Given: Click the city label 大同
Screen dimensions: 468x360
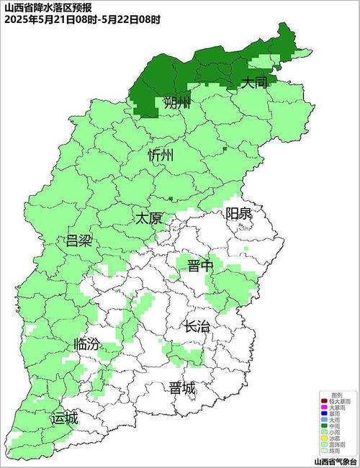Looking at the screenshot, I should pyautogui.click(x=253, y=84).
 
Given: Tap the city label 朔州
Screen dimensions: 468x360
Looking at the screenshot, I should pyautogui.click(x=177, y=102).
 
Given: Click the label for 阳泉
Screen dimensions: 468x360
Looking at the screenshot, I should pyautogui.click(x=238, y=213).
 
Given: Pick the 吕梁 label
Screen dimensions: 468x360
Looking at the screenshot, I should pyautogui.click(x=79, y=240).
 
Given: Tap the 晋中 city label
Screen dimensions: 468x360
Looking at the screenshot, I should pyautogui.click(x=201, y=266).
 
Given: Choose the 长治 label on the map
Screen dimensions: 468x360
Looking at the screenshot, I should pyautogui.click(x=197, y=326).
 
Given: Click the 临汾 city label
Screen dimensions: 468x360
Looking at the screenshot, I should pyautogui.click(x=87, y=345).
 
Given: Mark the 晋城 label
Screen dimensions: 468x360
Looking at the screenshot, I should pyautogui.click(x=182, y=388).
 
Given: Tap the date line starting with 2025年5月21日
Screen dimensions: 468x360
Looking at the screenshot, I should pyautogui.click(x=82, y=19).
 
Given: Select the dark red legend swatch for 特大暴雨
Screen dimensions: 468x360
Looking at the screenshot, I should pyautogui.click(x=325, y=400).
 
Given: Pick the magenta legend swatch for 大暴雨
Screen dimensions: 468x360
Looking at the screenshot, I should pyautogui.click(x=325, y=407).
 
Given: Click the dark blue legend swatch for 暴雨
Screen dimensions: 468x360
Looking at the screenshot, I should pyautogui.click(x=325, y=413).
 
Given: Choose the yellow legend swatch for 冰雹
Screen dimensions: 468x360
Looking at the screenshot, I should pyautogui.click(x=325, y=438).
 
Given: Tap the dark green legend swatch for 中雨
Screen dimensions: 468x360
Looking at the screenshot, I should pyautogui.click(x=325, y=426).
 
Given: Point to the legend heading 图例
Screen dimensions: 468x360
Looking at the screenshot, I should pyautogui.click(x=336, y=395).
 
